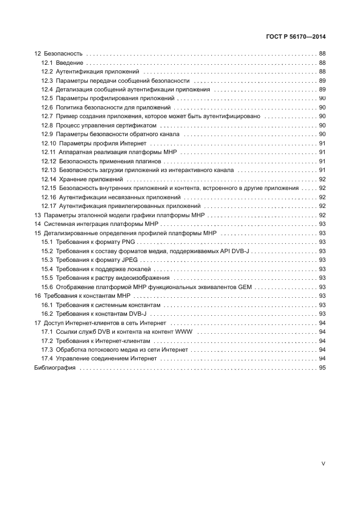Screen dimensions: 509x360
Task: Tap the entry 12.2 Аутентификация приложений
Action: [x=90, y=72]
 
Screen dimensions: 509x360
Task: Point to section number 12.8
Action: [x=47, y=125]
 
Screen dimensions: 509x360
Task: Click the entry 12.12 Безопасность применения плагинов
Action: [x=101, y=161]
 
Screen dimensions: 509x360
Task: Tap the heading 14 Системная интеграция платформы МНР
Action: [x=95, y=224]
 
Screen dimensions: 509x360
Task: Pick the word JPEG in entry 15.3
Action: [x=129, y=260]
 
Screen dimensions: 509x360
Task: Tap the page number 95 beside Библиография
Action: [x=322, y=367]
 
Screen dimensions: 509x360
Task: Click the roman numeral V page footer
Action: [x=323, y=464]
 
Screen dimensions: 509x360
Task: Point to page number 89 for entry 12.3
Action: [x=322, y=81]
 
